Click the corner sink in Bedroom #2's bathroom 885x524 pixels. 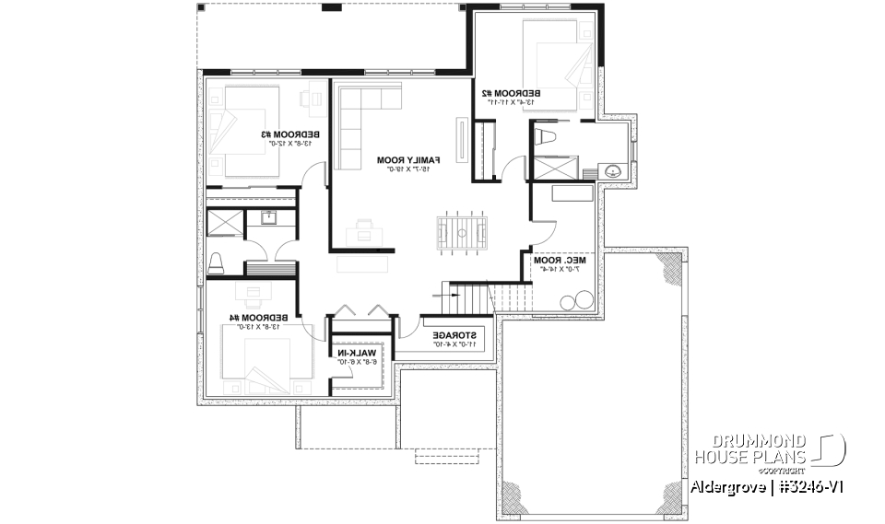click(612, 171)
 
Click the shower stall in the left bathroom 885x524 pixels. click(224, 225)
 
